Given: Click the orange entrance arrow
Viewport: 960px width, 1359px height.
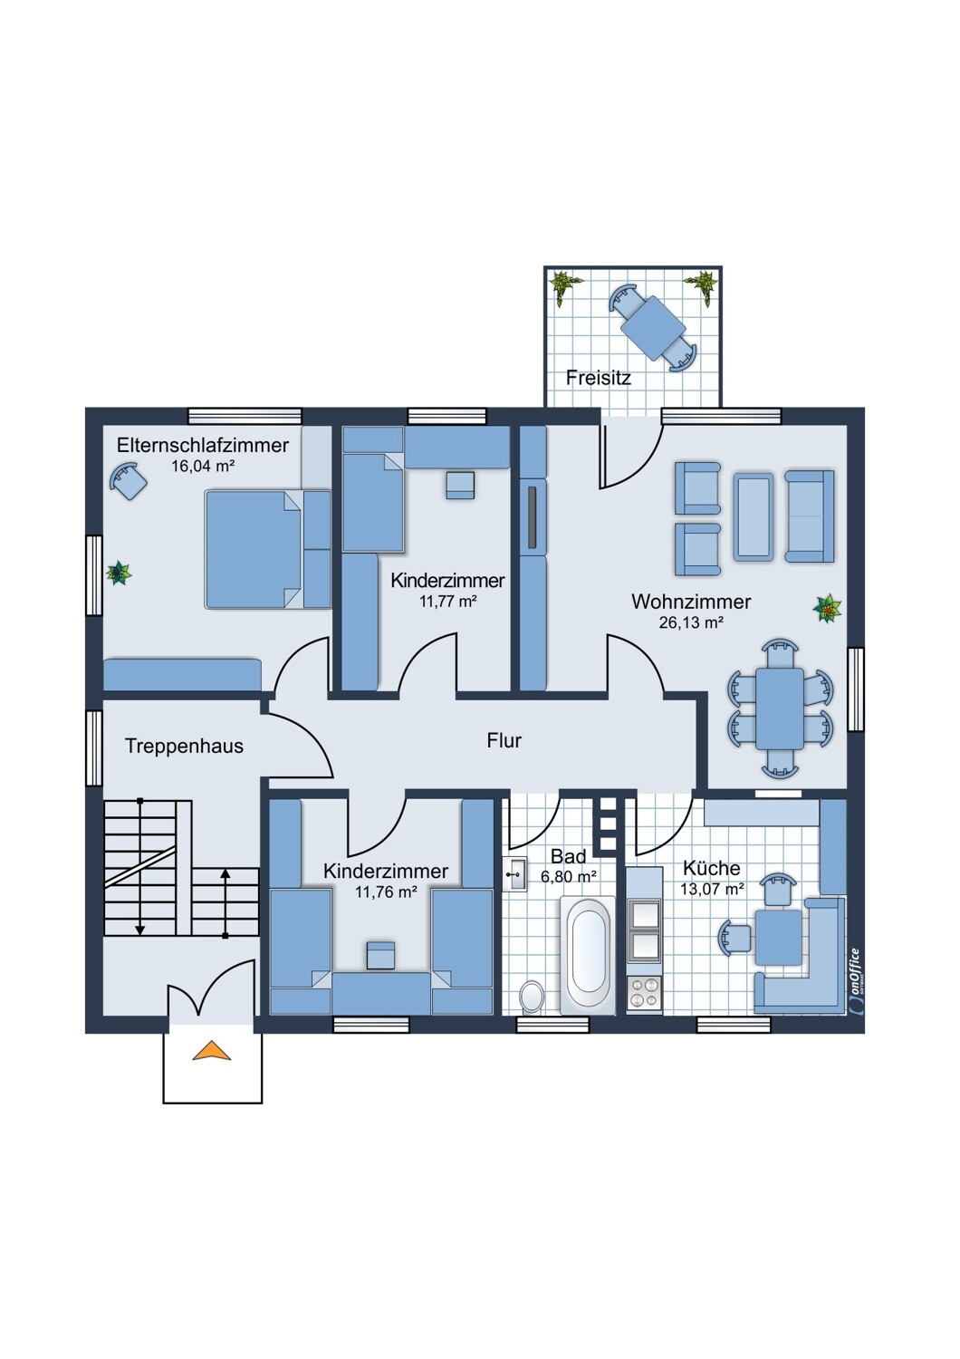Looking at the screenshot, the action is click(x=212, y=1050).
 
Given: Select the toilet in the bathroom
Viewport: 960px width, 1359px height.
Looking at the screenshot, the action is click(x=532, y=997).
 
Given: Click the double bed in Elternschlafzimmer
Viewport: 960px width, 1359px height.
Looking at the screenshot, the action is click(x=253, y=550).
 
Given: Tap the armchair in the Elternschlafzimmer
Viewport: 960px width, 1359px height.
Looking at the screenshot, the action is click(x=129, y=480).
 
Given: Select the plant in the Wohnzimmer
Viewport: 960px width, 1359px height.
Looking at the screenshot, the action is click(x=827, y=608).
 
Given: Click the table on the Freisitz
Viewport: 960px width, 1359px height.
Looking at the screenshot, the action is click(x=653, y=329).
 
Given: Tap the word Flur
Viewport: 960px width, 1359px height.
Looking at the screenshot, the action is click(x=504, y=741).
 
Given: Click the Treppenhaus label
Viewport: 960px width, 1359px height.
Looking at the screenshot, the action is click(x=184, y=747).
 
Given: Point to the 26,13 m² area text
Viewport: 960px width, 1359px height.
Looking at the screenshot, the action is click(x=691, y=622).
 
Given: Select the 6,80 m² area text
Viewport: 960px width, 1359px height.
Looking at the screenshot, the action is click(x=568, y=877).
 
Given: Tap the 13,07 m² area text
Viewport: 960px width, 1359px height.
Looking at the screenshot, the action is click(x=712, y=890).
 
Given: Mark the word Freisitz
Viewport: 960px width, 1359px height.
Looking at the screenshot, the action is click(x=599, y=378).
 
